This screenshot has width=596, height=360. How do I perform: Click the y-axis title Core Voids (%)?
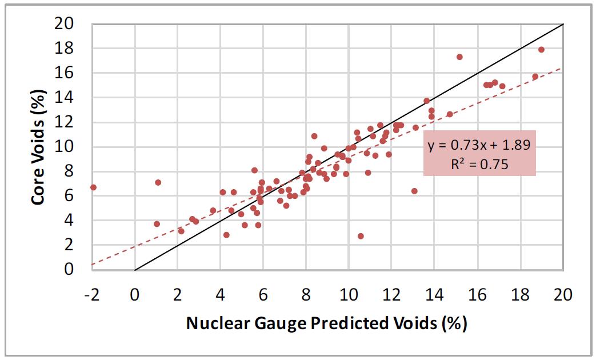pyautogui.click(x=39, y=146)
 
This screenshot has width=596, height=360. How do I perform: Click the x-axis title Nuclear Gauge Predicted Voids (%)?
pyautogui.click(x=327, y=323)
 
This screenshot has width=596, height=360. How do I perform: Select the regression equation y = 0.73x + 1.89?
pyautogui.click(x=479, y=145)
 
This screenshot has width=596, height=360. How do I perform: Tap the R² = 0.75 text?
pyautogui.click(x=479, y=164)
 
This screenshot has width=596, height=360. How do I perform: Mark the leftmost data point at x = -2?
pyautogui.click(x=93, y=187)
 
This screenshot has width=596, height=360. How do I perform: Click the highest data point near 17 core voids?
pyautogui.click(x=459, y=57)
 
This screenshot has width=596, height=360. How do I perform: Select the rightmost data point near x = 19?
pyautogui.click(x=542, y=50)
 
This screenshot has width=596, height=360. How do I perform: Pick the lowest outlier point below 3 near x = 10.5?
pyautogui.click(x=361, y=236)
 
